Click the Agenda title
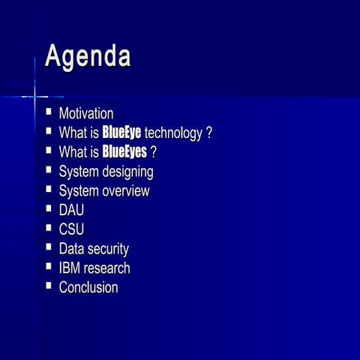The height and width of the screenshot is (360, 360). click(88, 57)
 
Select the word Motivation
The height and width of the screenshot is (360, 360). click(86, 114)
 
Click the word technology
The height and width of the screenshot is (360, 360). click(173, 133)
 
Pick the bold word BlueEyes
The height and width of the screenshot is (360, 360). click(124, 152)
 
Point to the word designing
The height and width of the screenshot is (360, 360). click(128, 172)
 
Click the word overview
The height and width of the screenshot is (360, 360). click(124, 190)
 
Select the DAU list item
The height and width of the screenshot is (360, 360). click(71, 210)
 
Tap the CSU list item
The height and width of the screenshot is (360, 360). click(71, 229)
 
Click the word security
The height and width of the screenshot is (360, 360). click(107, 249)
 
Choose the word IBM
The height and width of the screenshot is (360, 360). click(69, 268)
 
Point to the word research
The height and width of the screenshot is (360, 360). click(106, 268)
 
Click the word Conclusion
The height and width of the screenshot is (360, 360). click(88, 287)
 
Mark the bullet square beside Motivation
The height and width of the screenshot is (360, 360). click(49, 112)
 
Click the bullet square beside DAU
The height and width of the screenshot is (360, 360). click(49, 208)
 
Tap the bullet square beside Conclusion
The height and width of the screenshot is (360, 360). click(49, 286)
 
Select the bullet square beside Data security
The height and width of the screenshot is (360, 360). click(49, 247)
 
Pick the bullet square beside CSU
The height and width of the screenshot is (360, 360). click(49, 228)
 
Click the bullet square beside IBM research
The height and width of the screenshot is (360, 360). click(49, 266)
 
